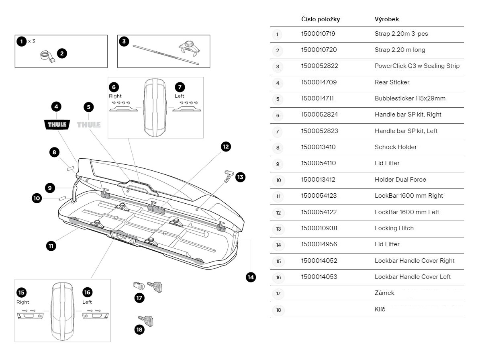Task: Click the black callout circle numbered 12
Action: coord(226,147)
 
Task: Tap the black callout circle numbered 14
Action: coord(251,277)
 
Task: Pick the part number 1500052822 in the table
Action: coord(319,66)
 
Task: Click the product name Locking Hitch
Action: coord(394,228)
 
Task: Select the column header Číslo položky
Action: coord(321,19)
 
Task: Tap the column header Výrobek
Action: coord(386,19)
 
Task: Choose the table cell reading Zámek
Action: coord(384,293)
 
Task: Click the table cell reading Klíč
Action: coord(380,309)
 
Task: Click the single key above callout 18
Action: coord(146,321)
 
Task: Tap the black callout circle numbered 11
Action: coord(51,245)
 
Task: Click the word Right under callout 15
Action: coord(23,302)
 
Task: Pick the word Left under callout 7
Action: coord(180,96)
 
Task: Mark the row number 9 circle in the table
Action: coord(278,164)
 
